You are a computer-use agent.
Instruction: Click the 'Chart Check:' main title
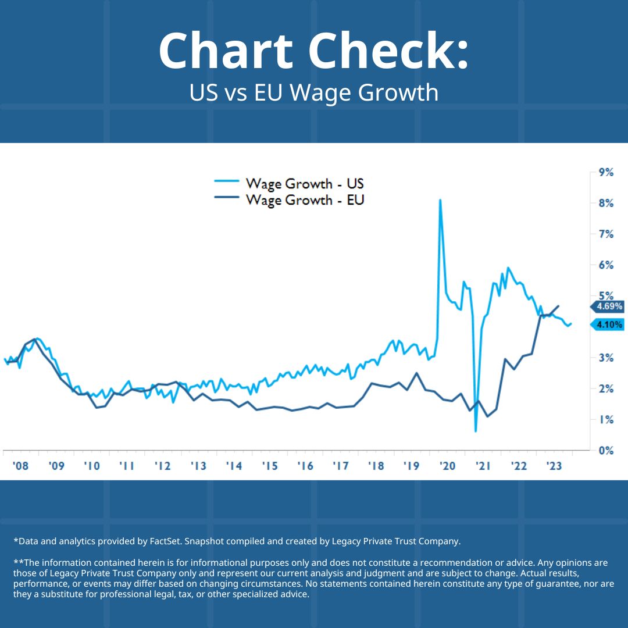[x=313, y=51]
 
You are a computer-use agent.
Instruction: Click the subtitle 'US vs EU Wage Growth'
[x=313, y=92]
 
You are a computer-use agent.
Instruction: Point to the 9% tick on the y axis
[x=606, y=172]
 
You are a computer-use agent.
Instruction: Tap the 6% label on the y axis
[x=606, y=265]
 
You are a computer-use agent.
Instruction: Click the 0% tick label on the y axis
[x=606, y=451]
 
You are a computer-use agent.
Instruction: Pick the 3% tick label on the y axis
[x=606, y=358]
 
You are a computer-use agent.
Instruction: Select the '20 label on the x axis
[x=447, y=466]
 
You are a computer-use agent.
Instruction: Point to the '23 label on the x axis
[x=554, y=466]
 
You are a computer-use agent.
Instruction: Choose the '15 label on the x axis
[x=269, y=466]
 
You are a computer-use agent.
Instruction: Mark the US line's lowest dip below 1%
[x=476, y=431]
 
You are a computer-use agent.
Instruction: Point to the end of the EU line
[x=559, y=306]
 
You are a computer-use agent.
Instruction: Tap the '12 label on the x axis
[x=163, y=466]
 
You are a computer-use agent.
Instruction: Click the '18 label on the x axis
[x=376, y=466]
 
